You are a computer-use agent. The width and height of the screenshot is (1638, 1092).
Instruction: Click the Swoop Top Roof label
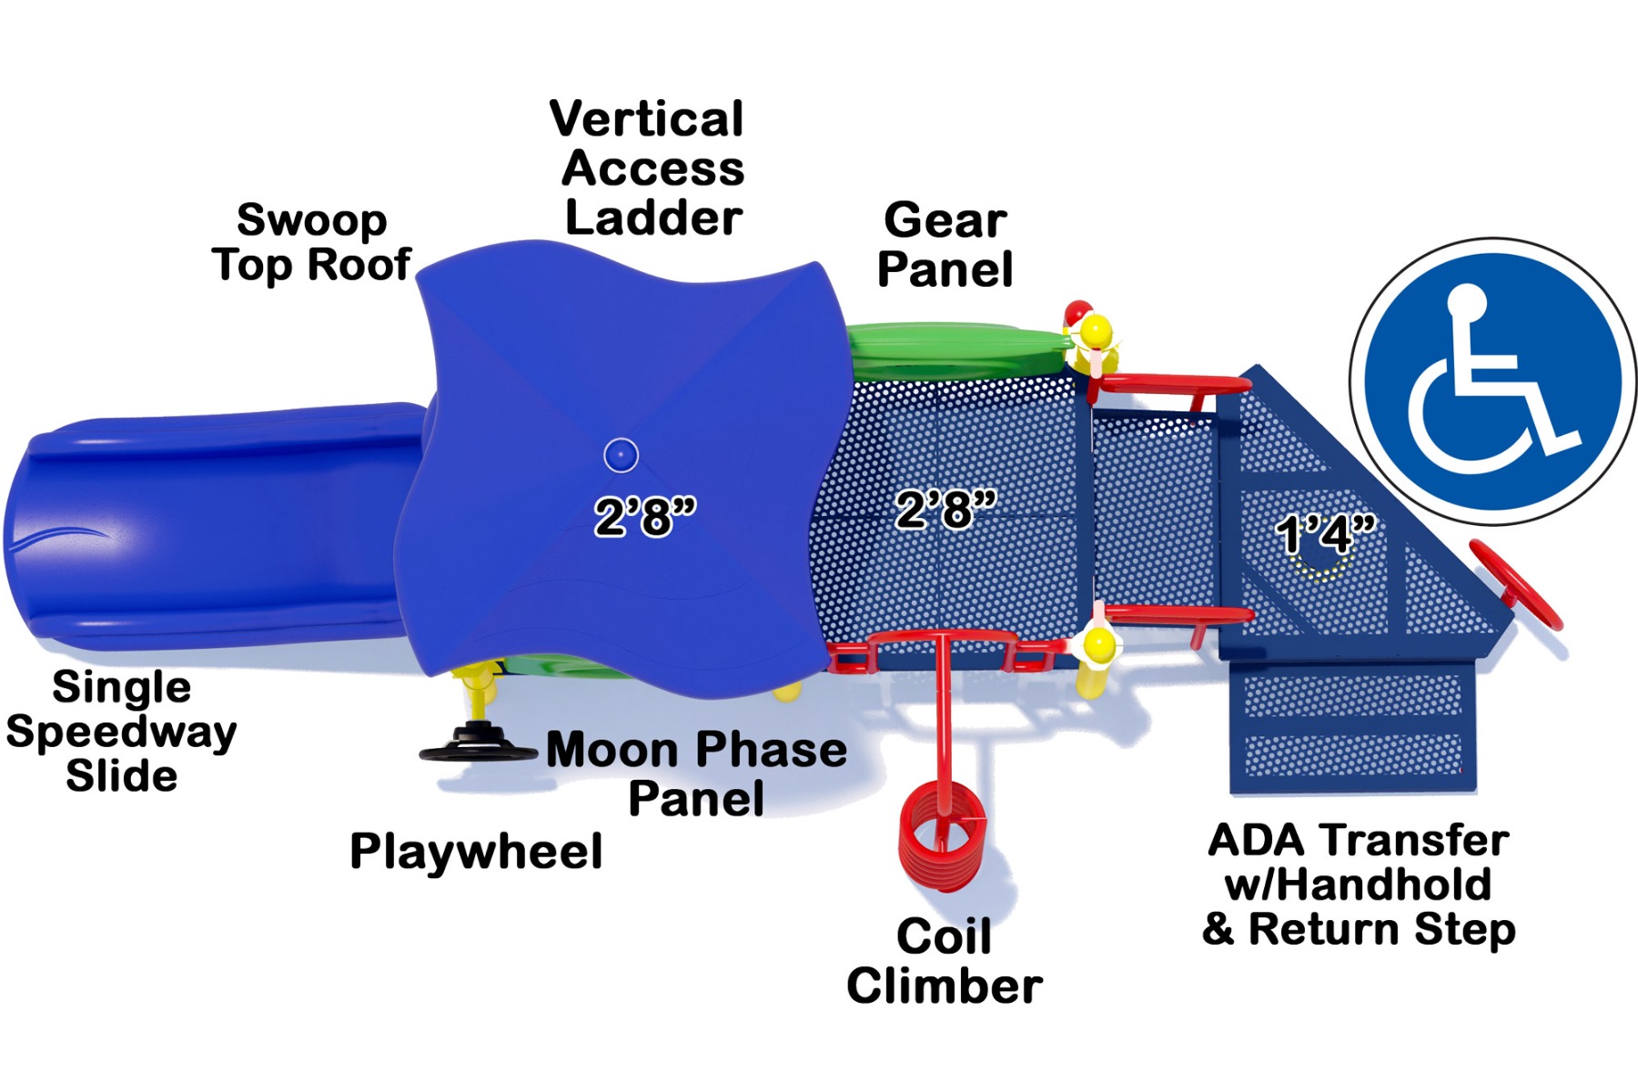coord(311,243)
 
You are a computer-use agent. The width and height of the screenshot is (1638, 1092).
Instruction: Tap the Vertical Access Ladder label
coord(647,169)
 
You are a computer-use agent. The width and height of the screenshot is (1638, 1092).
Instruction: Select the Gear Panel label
coord(945,245)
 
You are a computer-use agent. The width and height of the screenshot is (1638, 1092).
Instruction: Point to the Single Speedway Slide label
coord(121,732)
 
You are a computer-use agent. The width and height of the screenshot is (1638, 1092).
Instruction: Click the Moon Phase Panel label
coord(697,774)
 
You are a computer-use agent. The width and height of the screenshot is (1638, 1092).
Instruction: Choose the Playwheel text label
coord(476,852)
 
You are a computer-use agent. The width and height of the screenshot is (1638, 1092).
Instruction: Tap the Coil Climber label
coord(945,962)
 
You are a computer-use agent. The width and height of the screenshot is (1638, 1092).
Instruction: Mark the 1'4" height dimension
coord(1325,534)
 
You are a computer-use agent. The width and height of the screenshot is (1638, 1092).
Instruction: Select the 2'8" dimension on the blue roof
coord(645,517)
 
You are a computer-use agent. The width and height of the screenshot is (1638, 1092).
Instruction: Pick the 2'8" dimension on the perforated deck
coord(946,509)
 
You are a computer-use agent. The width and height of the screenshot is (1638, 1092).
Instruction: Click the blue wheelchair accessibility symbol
coord(1493,381)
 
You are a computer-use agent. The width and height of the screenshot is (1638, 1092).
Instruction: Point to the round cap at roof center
coord(621,455)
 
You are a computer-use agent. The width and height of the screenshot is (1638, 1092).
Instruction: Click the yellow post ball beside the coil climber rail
coord(1099,644)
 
